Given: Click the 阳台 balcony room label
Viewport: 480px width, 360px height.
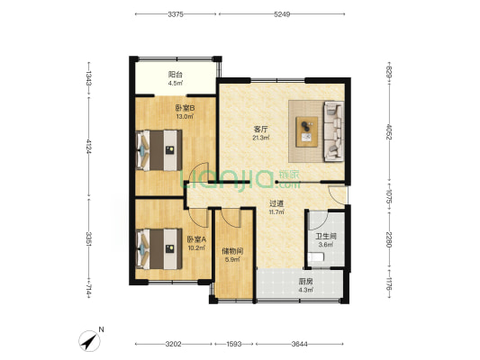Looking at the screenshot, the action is point(176,75).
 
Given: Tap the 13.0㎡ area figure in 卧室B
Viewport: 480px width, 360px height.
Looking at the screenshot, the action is point(185,116).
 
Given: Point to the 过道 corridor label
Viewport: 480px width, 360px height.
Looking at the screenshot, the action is point(276,203).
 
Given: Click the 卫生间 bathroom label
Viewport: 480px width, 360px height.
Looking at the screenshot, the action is point(326,237).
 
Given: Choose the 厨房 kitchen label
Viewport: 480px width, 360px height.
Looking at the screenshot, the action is point(305,282).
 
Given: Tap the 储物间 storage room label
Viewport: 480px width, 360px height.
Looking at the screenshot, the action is point(232,252).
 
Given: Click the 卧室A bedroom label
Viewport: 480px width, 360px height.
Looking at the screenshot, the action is point(196,239).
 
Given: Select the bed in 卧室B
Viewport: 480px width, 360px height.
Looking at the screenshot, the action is point(158,150).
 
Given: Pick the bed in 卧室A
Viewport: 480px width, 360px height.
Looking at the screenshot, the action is point(158,249).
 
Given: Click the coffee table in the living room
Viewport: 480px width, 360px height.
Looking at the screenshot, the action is point(307,132).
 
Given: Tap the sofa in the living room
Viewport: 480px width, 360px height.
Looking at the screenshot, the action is point(334,130).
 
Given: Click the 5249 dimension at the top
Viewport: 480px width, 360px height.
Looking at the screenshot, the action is point(282,14).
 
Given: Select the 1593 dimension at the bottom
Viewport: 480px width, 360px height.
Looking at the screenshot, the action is point(234,344).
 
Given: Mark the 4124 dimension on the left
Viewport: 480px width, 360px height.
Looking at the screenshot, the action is point(89,148).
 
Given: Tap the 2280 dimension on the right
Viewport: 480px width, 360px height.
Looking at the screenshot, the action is point(389,240).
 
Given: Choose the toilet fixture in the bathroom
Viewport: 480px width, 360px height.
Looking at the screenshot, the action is point(316,256).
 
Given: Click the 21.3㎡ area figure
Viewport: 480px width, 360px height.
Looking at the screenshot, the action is point(261,138).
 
